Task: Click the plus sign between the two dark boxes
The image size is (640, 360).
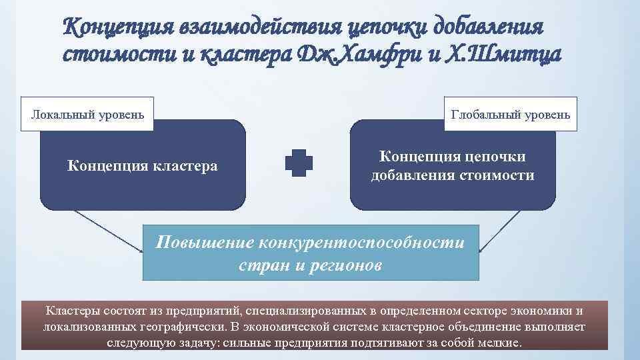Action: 299,163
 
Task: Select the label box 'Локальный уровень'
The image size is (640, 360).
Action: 88,115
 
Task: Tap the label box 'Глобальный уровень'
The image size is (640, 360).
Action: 511,115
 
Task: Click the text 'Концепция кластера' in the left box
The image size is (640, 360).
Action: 143,165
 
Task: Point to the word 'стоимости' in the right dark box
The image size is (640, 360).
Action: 501,176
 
